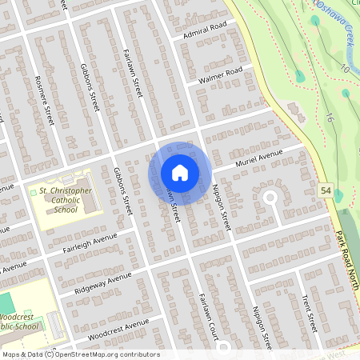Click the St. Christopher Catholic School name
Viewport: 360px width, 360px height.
pyautogui.click(x=66, y=201)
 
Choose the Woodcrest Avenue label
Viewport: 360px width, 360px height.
pyautogui.click(x=119, y=328)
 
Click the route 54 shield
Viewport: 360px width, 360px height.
pyautogui.click(x=324, y=190)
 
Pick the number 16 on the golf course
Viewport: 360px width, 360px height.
pyautogui.click(x=330, y=118)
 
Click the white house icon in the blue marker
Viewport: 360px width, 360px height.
pyautogui.click(x=180, y=172)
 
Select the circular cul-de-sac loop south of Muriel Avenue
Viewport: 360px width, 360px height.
pyautogui.click(x=270, y=196)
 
